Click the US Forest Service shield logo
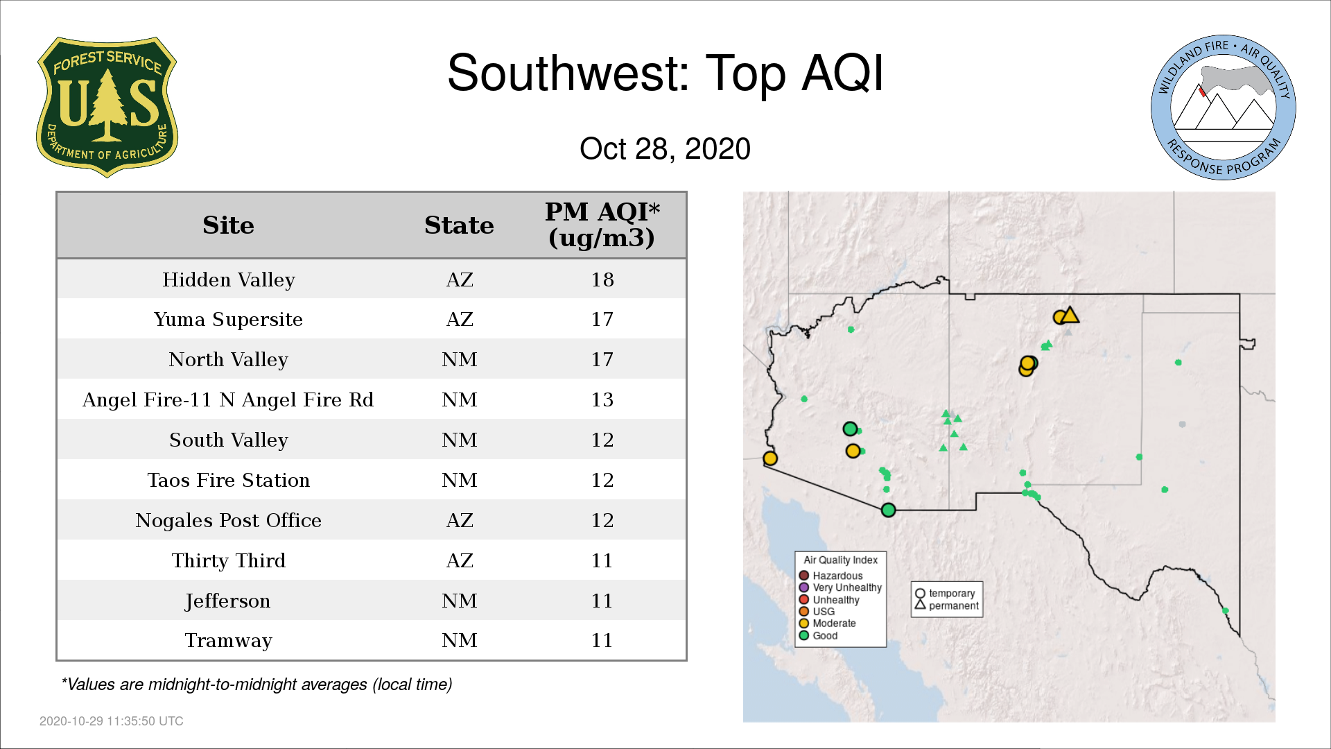click(x=107, y=107)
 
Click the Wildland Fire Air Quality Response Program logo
click(x=1224, y=107)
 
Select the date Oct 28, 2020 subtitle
click(x=665, y=149)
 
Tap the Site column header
click(x=228, y=225)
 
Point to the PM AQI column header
click(x=602, y=225)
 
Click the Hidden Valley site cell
click(x=229, y=279)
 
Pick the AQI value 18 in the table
click(x=602, y=279)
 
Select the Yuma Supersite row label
click(x=229, y=320)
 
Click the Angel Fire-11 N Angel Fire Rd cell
click(x=228, y=400)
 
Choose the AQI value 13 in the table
click(x=602, y=400)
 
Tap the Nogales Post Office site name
click(x=229, y=521)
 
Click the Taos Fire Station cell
click(x=229, y=481)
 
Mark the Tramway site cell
click(x=229, y=641)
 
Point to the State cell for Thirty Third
click(x=460, y=560)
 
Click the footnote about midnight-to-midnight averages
click(x=256, y=685)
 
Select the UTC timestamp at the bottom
click(x=112, y=721)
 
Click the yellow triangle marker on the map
click(x=1070, y=316)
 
